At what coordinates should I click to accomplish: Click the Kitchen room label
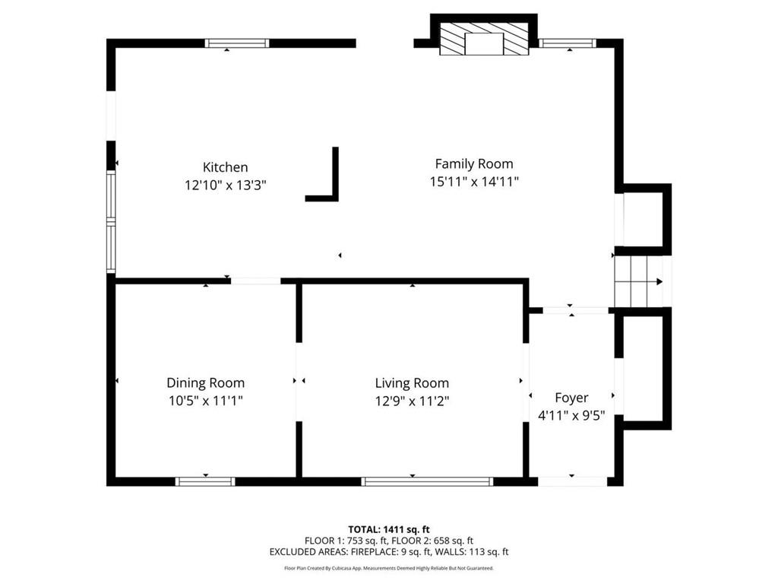(225, 167)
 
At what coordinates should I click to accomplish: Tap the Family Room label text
(474, 164)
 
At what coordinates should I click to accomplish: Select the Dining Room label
(205, 383)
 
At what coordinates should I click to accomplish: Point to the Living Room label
(412, 383)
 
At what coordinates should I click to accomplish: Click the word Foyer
(571, 398)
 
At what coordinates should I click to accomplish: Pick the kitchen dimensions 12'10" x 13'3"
(226, 186)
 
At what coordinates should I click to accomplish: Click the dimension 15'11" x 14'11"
(474, 182)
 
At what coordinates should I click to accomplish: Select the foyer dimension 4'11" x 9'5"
(571, 415)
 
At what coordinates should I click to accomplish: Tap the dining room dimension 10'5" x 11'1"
(205, 400)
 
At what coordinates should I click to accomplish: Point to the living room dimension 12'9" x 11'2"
(412, 401)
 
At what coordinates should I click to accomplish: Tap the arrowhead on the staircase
(659, 281)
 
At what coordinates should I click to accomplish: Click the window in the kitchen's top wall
(237, 43)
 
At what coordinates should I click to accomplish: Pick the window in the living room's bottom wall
(427, 481)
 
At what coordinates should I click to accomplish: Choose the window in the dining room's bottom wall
(205, 481)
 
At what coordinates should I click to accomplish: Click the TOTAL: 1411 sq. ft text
(388, 529)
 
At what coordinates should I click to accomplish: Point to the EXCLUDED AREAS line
(388, 552)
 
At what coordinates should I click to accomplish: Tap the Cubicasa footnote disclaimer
(388, 568)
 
